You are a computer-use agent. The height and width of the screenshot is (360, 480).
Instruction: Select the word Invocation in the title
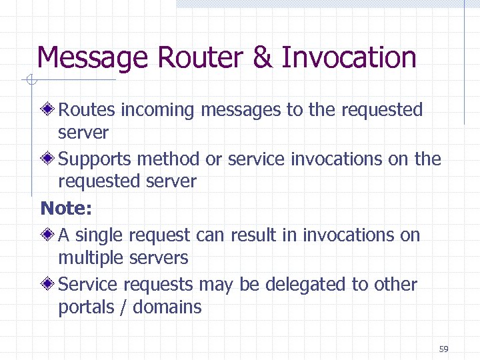coord(349,58)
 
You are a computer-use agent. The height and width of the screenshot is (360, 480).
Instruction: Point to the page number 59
coord(444,349)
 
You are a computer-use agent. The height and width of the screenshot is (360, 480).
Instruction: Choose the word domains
coord(167,307)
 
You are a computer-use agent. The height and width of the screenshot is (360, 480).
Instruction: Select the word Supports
coord(95,159)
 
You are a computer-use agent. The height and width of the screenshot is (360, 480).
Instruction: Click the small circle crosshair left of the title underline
coord(30,81)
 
